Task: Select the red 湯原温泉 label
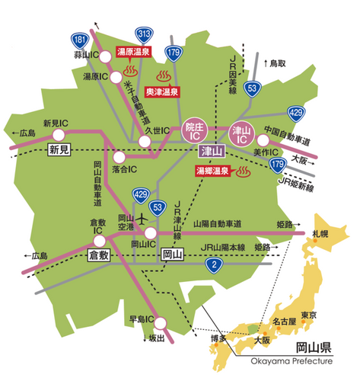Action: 133,52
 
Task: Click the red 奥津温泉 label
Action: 162,91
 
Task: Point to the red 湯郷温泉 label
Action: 208,172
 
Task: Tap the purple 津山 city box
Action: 210,151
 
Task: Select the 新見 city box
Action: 59,149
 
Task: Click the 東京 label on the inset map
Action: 308,315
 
